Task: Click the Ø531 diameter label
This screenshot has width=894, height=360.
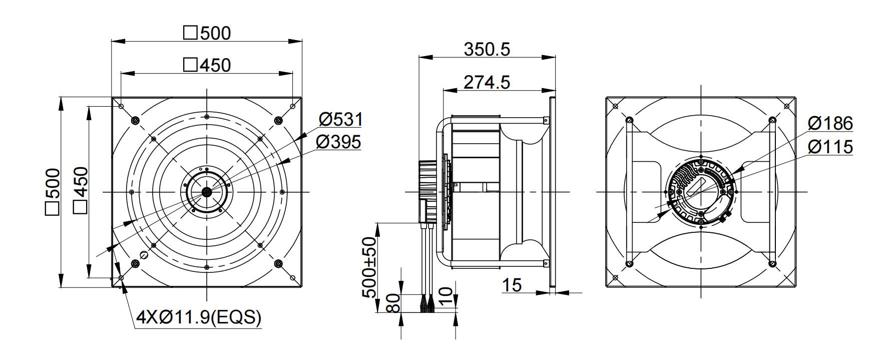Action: coord(340,120)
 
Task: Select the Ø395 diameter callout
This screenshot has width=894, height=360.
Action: coord(338,142)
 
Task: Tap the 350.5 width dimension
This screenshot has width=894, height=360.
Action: coord(487,49)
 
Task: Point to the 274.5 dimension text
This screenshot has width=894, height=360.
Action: coord(487,82)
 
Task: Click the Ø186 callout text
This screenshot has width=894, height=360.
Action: coord(830,123)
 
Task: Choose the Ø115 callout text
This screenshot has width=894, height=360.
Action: coord(830,147)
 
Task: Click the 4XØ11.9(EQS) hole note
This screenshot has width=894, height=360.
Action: coord(199,317)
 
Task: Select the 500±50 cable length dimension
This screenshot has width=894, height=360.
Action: coord(369,267)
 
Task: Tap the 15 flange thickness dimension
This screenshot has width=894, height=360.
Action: coord(512,285)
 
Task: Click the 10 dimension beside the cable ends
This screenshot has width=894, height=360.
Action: coord(448,296)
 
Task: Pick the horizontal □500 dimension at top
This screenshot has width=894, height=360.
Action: coord(207,33)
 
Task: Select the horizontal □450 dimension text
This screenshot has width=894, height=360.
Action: coord(207,65)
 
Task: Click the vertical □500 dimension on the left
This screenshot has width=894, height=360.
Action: coord(53,192)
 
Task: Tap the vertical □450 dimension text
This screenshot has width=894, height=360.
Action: coord(80,192)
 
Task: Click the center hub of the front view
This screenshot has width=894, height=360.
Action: coord(206,192)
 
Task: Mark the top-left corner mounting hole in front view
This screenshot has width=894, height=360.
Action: coord(121,106)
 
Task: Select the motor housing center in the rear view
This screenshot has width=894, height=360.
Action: coord(701,192)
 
